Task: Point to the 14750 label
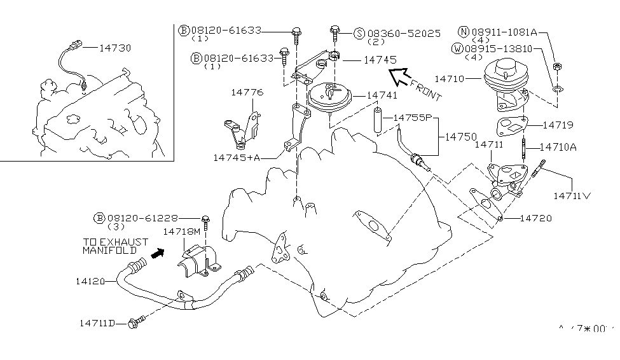click(459, 136)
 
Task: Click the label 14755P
click(413, 118)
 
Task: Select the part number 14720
click(536, 218)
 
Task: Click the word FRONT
click(425, 90)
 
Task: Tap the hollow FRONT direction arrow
click(400, 76)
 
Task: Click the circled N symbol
click(462, 31)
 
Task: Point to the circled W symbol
click(458, 48)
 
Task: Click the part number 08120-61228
click(142, 218)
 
